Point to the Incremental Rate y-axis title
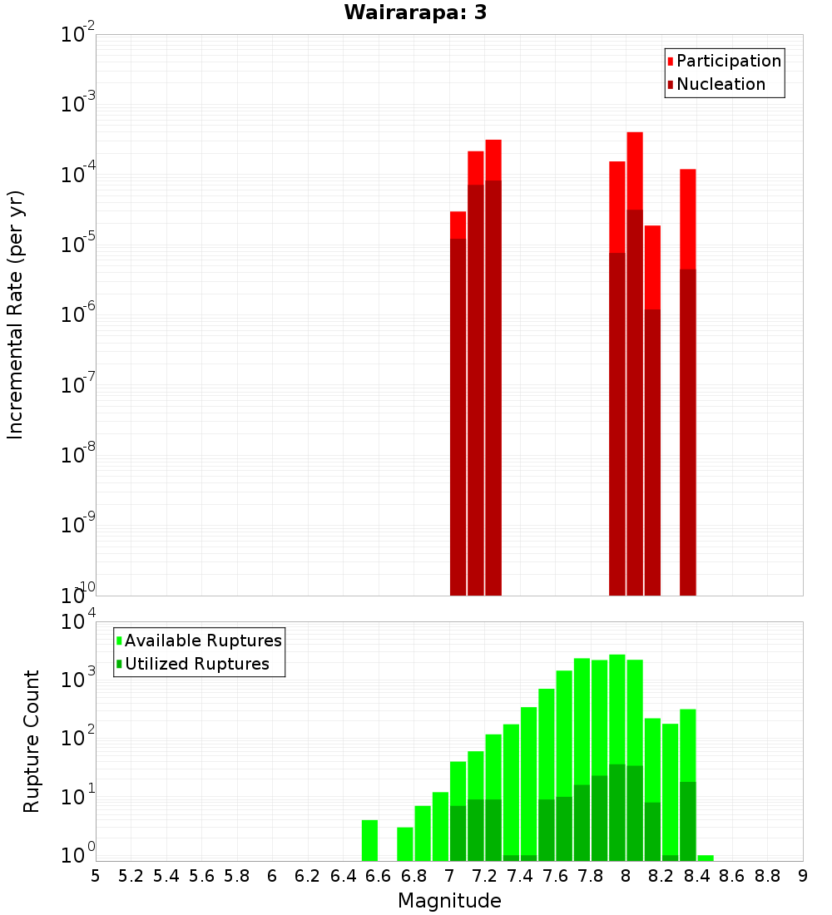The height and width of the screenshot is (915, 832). pyautogui.click(x=16, y=314)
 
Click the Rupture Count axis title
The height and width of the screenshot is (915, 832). pyautogui.click(x=32, y=740)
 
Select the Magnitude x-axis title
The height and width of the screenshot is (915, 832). pyautogui.click(x=449, y=901)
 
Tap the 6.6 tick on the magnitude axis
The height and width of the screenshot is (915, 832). pyautogui.click(x=379, y=876)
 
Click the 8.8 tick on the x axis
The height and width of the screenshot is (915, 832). pyautogui.click(x=767, y=876)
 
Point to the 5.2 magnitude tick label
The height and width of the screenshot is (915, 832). pyautogui.click(x=131, y=876)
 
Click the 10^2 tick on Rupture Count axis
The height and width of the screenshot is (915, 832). pyautogui.click(x=75, y=738)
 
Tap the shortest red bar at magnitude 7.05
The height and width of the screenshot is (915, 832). pyautogui.click(x=458, y=225)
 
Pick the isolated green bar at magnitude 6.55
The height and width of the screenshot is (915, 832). pyautogui.click(x=369, y=840)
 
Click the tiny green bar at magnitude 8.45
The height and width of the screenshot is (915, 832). pyautogui.click(x=706, y=858)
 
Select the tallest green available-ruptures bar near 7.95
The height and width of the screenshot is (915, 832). pyautogui.click(x=617, y=707)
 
